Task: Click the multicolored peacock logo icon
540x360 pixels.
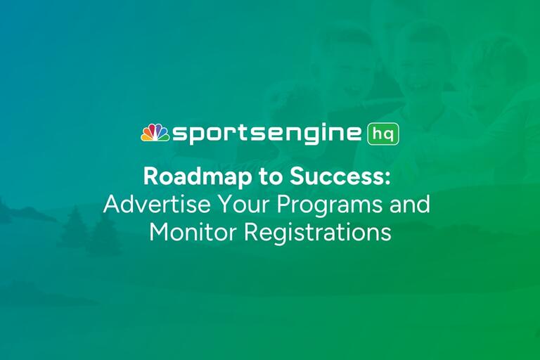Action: point(155,133)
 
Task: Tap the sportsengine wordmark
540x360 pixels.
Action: point(267,134)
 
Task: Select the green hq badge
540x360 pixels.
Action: point(383,134)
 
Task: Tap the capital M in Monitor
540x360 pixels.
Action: point(158,231)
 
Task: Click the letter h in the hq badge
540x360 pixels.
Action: point(376,133)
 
